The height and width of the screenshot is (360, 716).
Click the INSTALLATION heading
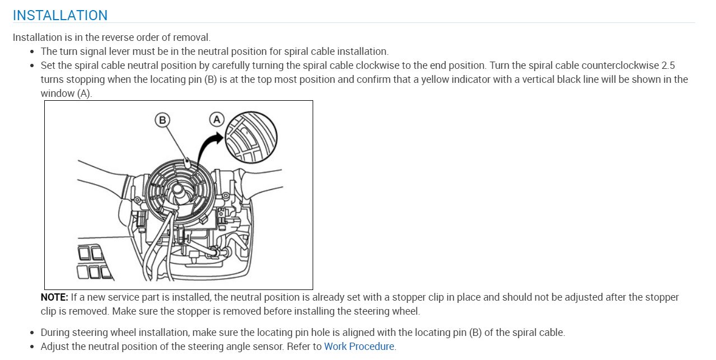[60, 15]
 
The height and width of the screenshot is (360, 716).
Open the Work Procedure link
[359, 347]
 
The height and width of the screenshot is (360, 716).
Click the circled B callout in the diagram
[162, 119]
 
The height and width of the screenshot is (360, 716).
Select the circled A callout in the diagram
[216, 119]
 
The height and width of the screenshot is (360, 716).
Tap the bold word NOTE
[54, 297]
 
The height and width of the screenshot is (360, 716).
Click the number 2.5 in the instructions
[663, 66]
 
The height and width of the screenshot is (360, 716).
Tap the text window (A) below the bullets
[66, 93]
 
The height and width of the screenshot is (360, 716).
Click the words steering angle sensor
[238, 347]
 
